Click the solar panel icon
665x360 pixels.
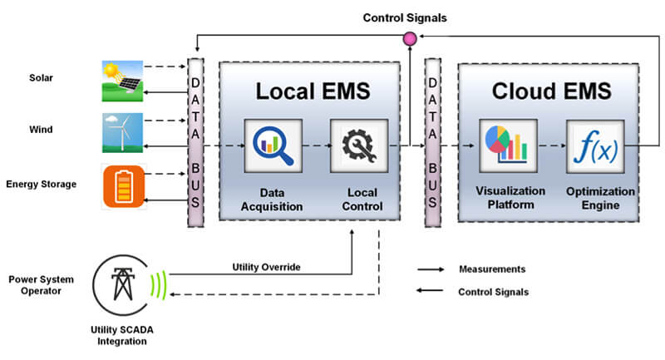tap(121, 78)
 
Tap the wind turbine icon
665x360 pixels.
tap(121, 132)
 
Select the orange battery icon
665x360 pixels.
tap(121, 185)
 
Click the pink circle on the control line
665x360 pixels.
tap(408, 37)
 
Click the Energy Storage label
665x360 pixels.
tap(42, 184)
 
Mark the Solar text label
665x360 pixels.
tap(42, 78)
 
